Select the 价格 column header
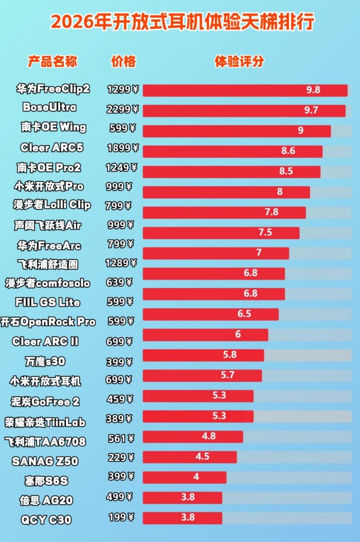(x=123, y=61)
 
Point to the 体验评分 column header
(x=239, y=61)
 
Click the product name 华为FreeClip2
(x=53, y=89)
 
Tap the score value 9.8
(x=313, y=90)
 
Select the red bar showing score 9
(x=236, y=131)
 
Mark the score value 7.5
(x=265, y=232)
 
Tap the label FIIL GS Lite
(x=48, y=302)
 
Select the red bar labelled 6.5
(x=211, y=314)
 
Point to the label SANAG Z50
(x=45, y=461)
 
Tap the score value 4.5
(x=202, y=457)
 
